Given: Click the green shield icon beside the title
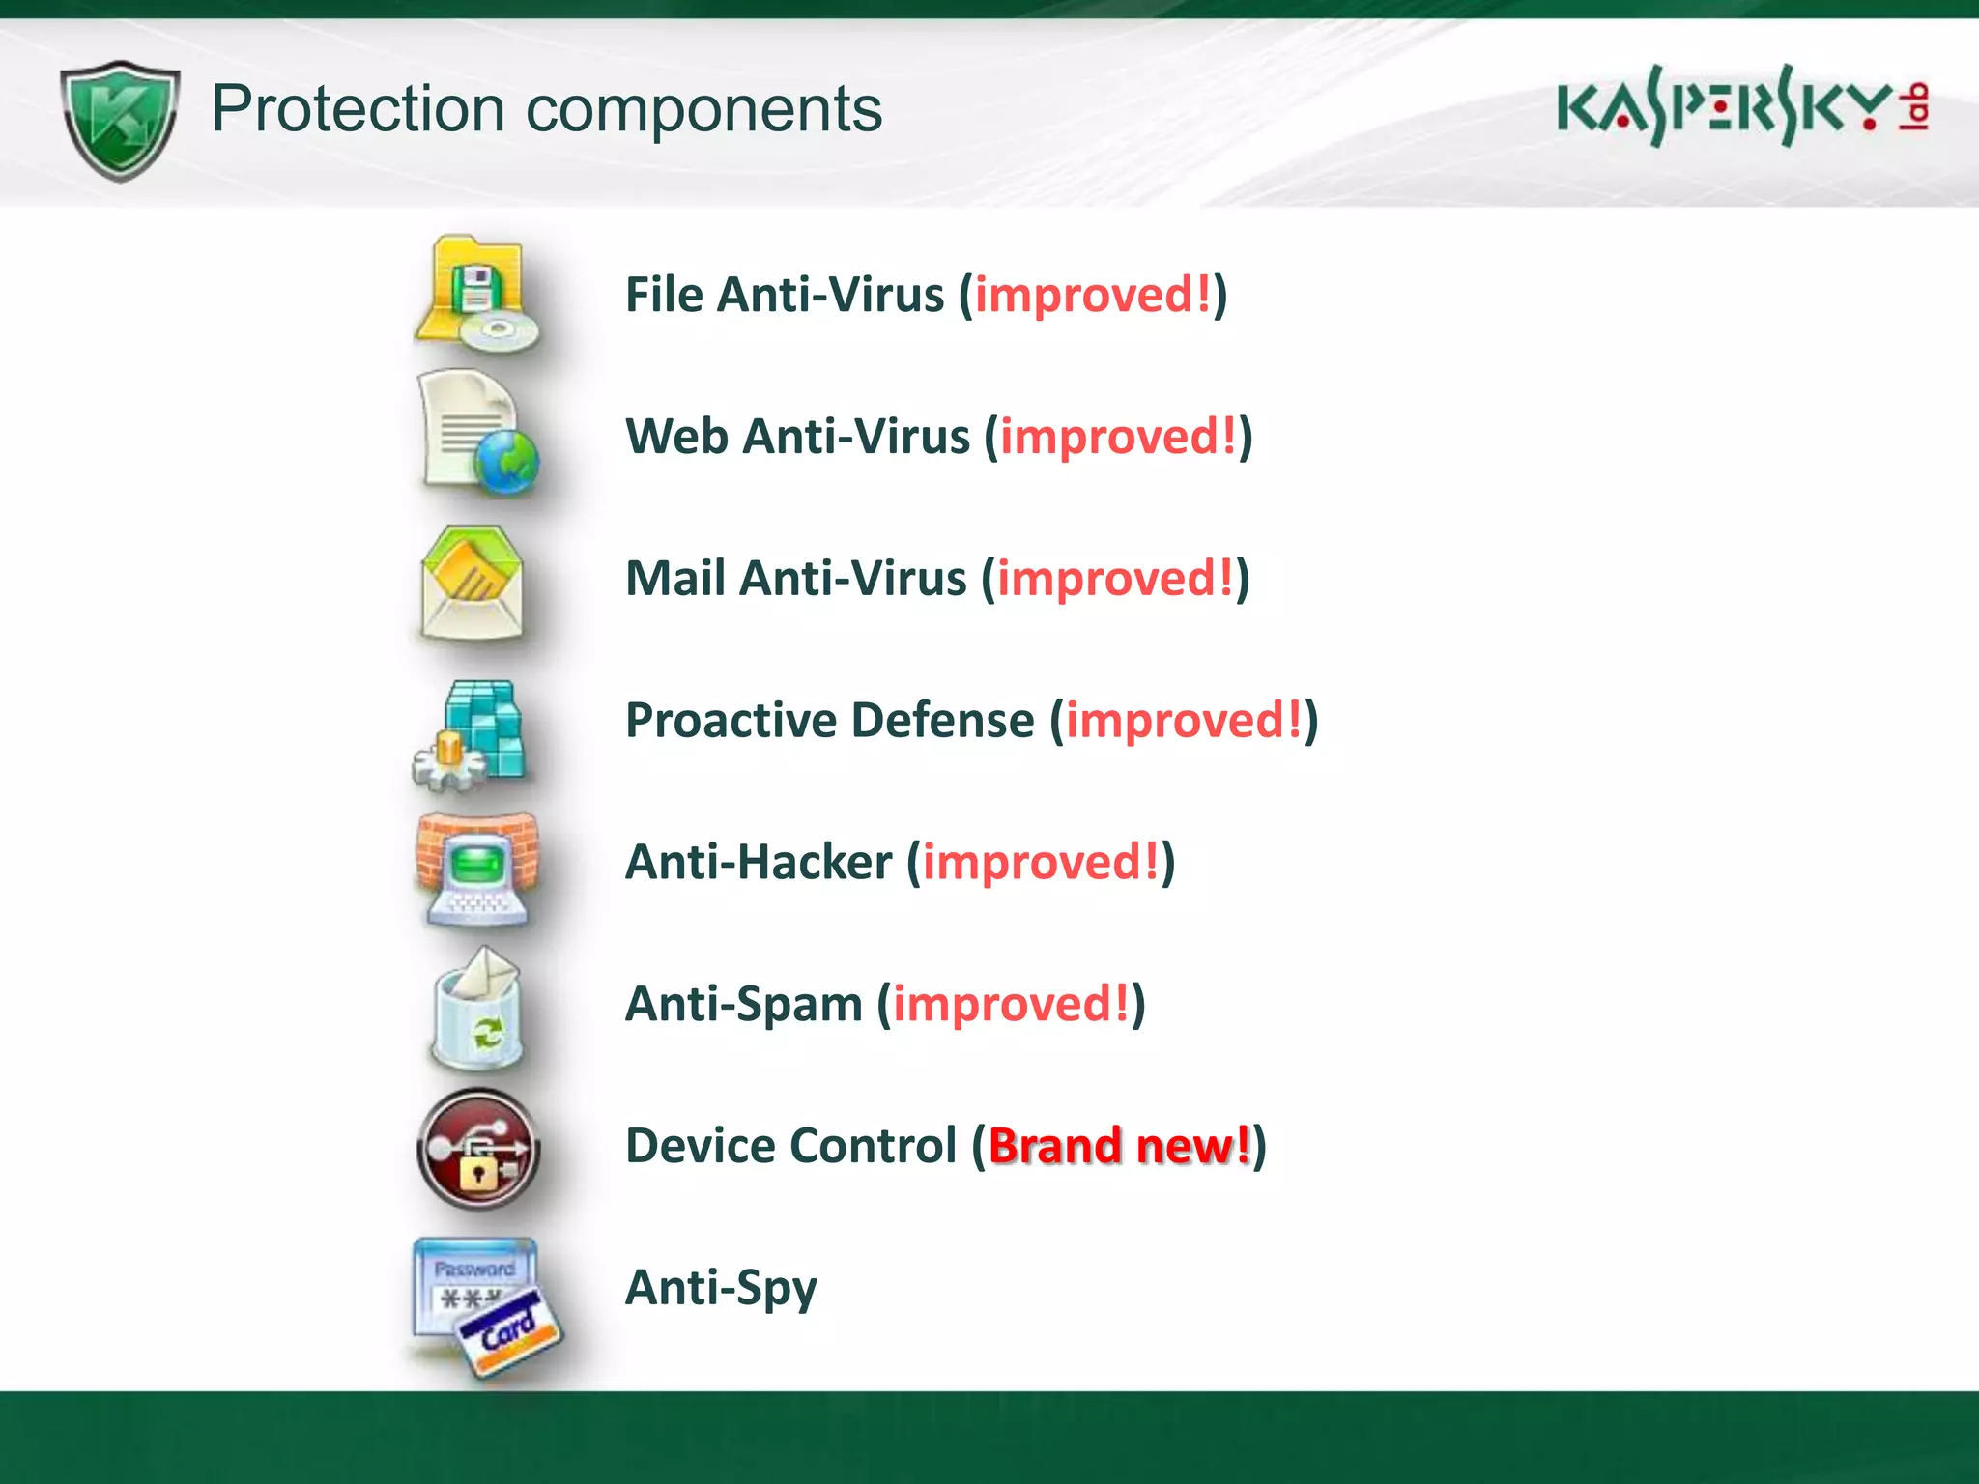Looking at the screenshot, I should [120, 120].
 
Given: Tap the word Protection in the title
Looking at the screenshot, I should [358, 108].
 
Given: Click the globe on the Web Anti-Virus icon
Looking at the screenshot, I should [506, 462].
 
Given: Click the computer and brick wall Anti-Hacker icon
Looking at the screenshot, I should [475, 867].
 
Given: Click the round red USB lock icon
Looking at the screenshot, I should [477, 1149].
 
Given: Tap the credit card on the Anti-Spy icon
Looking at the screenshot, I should [510, 1332].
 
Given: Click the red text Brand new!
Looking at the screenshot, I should [1119, 1146].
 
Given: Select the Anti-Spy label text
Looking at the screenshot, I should [721, 1289].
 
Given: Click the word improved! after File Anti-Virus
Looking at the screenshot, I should [1092, 295].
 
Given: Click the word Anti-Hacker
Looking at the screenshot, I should [759, 862].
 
